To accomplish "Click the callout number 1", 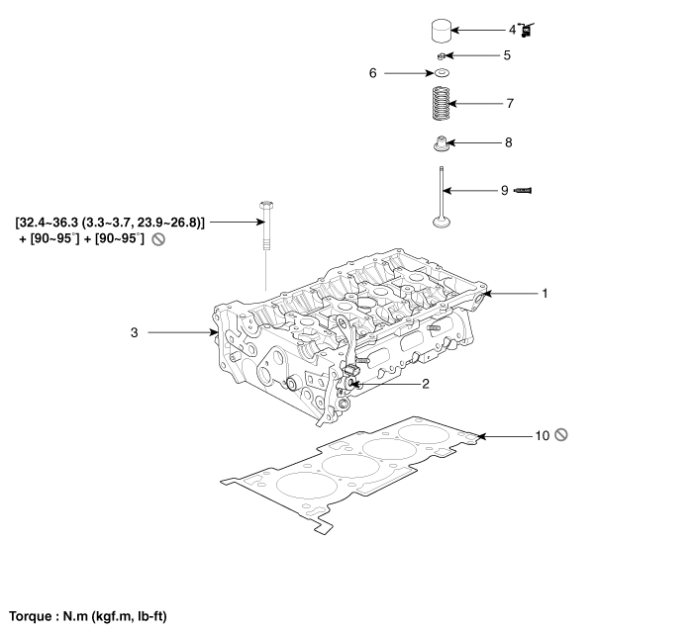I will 544,294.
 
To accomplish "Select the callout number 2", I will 425,383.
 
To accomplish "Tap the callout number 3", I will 134,333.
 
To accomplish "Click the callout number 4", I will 512,30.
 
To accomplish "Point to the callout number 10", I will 542,435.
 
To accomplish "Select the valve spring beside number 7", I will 442,103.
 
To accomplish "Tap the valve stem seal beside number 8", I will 442,143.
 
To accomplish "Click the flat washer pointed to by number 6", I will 442,74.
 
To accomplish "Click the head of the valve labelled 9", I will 443,220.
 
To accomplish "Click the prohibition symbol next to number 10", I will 561,435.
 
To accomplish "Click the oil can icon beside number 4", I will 528,31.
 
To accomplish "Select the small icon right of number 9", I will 526,189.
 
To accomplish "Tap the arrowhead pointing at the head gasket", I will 480,435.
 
